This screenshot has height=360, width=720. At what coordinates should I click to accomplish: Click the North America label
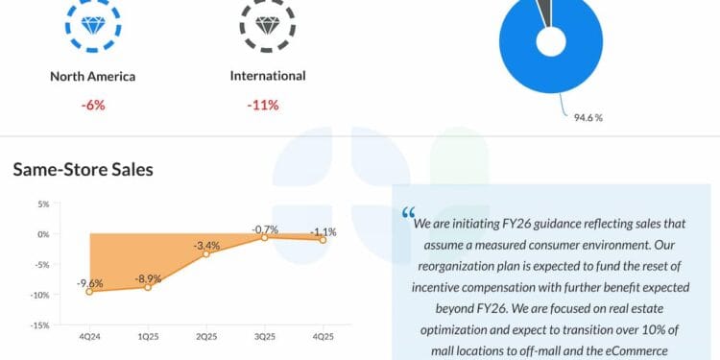93,77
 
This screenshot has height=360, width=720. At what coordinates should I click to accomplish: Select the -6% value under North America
93,105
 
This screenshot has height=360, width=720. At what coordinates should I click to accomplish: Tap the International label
268,76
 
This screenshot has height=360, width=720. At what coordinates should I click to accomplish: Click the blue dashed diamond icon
93,22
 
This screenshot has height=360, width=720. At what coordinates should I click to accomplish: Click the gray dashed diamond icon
268,22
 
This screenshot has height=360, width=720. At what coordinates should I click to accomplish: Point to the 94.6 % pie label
588,118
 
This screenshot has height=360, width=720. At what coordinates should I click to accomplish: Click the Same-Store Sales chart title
83,170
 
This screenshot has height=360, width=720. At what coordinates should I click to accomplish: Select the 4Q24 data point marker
89,291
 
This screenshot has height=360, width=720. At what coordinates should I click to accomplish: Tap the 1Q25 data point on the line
148,287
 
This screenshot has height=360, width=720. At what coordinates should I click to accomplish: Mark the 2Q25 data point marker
205,253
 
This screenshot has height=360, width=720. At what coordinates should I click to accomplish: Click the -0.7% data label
266,229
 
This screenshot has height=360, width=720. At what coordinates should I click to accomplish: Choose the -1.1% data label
323,232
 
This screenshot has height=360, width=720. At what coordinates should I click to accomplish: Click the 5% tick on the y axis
42,204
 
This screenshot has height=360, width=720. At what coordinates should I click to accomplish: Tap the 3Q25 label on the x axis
264,337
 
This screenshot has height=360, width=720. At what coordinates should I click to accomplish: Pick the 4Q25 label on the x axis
323,337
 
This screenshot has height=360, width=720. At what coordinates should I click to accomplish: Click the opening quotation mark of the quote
409,212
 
